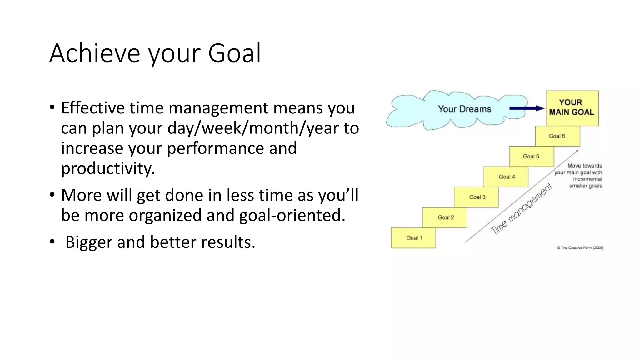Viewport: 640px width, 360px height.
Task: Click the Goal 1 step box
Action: (413, 238)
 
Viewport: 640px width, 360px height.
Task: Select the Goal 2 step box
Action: (445, 217)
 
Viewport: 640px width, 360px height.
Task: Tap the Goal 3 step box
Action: (477, 197)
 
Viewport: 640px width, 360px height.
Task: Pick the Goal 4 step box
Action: (506, 177)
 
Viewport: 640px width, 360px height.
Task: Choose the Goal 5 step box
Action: (531, 157)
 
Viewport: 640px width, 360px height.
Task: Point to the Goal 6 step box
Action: (557, 136)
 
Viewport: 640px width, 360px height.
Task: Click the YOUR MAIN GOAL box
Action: (572, 108)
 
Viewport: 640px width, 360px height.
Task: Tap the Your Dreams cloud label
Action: (464, 109)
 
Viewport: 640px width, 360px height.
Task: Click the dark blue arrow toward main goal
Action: (527, 108)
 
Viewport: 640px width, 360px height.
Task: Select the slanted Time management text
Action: (521, 209)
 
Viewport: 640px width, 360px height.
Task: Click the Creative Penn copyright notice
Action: (580, 248)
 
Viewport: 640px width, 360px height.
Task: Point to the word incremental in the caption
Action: (587, 179)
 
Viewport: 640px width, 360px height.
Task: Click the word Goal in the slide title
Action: (234, 53)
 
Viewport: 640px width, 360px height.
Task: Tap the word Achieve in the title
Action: (94, 53)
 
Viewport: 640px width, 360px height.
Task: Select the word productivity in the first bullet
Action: (108, 169)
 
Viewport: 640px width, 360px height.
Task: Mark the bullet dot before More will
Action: (52, 195)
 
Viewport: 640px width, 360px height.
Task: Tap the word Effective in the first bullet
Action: (93, 108)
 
